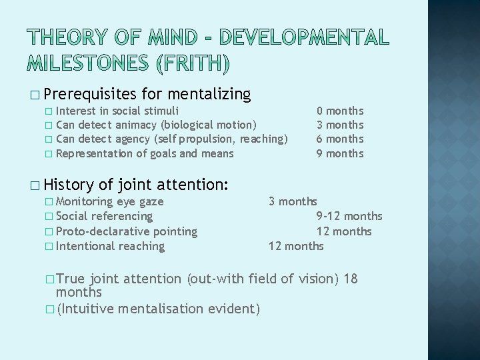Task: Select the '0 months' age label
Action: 340,111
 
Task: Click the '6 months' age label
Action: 340,139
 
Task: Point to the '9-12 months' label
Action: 349,216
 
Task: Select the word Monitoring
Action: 85,201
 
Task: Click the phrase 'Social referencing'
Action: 104,216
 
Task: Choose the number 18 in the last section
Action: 351,279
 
